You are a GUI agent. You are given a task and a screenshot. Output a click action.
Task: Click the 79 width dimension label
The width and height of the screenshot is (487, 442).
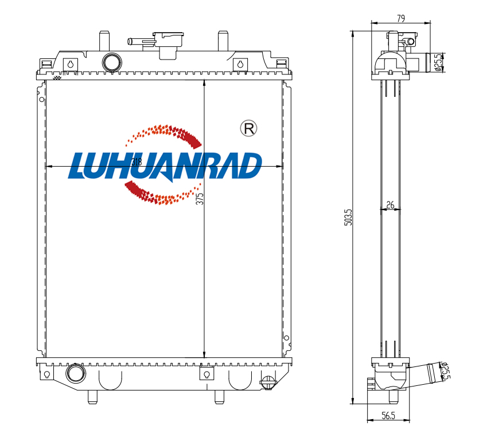(x=401, y=18)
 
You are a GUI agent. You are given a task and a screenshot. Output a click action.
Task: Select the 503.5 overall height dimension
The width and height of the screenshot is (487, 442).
(x=349, y=217)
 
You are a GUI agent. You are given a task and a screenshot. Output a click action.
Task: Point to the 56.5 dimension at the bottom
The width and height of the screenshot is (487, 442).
(x=388, y=415)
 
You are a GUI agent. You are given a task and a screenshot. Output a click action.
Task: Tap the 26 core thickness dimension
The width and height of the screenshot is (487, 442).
(x=390, y=204)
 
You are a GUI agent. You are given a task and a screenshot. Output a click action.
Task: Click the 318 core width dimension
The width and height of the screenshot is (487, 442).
(x=137, y=162)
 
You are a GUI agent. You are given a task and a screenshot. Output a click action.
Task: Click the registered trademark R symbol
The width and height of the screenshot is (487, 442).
(x=249, y=128)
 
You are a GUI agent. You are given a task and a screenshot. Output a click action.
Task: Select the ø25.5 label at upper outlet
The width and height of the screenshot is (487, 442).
(x=438, y=62)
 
